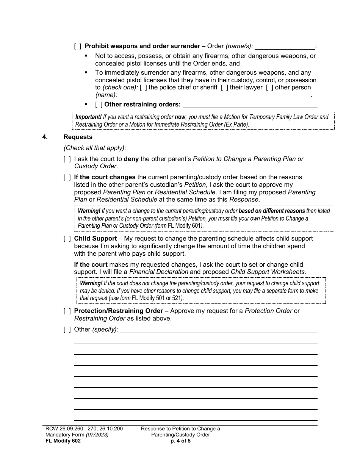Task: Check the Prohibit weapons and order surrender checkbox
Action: point(78,46)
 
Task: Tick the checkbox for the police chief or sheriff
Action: point(144,88)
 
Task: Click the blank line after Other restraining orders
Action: point(250,105)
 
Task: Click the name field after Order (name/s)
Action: point(285,47)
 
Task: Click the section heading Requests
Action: point(78,137)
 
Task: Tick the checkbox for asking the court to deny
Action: point(67,159)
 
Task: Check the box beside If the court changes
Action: point(67,177)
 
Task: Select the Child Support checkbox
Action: point(67,239)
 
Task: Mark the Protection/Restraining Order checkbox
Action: point(67,311)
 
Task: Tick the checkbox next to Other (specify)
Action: point(67,330)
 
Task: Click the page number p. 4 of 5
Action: point(180,441)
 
